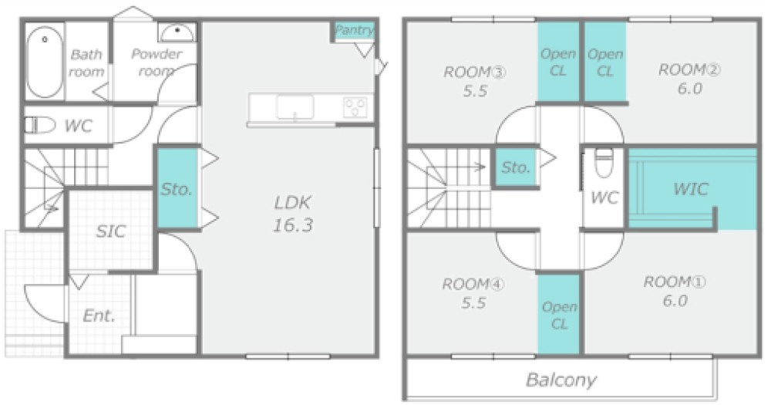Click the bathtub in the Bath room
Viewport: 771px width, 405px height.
(x=45, y=62)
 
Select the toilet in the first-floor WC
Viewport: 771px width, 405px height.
(x=40, y=125)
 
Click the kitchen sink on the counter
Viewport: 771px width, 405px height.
(x=295, y=107)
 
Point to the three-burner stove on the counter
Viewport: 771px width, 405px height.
(x=355, y=107)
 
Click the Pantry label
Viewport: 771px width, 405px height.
(x=354, y=31)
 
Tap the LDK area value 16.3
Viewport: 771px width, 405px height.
(x=293, y=225)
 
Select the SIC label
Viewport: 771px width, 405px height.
(x=111, y=231)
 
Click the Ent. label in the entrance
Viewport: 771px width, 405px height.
(x=99, y=316)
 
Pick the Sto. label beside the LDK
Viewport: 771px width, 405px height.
(x=177, y=188)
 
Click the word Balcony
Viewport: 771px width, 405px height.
(x=561, y=380)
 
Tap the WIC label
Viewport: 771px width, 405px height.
(x=690, y=188)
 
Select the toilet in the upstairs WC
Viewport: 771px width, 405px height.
(x=604, y=163)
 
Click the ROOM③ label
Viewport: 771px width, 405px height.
(x=475, y=73)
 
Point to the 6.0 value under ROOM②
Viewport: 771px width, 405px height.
(x=690, y=89)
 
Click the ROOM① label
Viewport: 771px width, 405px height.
(x=675, y=282)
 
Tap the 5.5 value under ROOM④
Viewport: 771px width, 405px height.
(x=473, y=302)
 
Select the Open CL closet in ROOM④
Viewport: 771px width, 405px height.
(x=559, y=313)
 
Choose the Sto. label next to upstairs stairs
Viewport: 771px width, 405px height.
(x=516, y=168)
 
